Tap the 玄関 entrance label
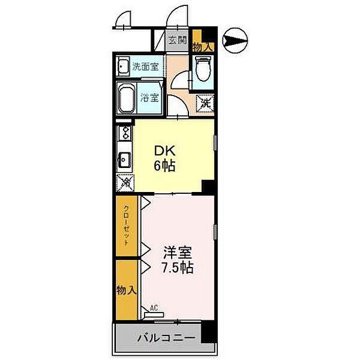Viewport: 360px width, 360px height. point(177,41)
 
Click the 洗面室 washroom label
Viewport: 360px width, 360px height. point(145,66)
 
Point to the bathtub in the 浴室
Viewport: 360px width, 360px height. point(127,98)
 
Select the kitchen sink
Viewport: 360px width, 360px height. point(125,160)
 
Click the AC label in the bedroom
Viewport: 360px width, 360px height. point(154,309)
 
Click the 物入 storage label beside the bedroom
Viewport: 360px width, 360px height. point(127,290)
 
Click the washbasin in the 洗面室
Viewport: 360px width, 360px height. point(123,66)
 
